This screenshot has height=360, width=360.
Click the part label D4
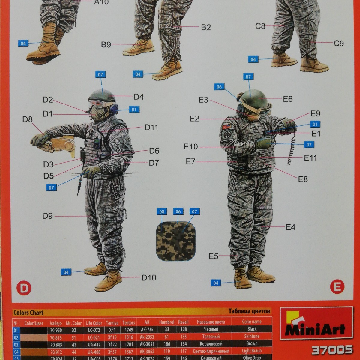(x=139, y=97)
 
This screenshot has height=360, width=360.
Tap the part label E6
(x=287, y=99)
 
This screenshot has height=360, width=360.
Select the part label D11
(x=151, y=127)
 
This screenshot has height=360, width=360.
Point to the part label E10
(x=191, y=147)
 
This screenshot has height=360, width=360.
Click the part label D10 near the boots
(x=149, y=278)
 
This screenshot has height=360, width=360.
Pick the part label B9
(x=106, y=45)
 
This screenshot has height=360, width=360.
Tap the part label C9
(x=339, y=43)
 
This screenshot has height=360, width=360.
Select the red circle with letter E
(x=337, y=287)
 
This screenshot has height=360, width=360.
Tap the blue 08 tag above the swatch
(x=162, y=212)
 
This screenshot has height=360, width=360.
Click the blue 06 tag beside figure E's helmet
(x=219, y=87)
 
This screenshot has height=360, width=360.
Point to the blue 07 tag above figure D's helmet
(x=100, y=74)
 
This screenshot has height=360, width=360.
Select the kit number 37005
(x=332, y=349)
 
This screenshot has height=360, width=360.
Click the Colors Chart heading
(x=28, y=313)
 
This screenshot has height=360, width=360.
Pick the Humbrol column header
(x=167, y=322)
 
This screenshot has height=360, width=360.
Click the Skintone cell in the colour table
(x=251, y=336)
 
